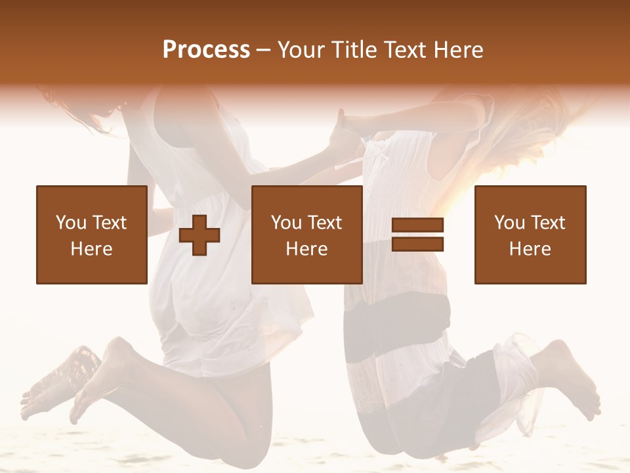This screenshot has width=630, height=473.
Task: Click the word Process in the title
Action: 206,50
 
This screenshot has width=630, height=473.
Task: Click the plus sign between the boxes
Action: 199,235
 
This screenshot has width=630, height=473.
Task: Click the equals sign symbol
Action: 417,235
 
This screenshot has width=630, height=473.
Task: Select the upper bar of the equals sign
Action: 417,225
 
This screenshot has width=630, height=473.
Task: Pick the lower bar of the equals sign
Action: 417,244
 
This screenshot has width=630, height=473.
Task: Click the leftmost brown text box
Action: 91,235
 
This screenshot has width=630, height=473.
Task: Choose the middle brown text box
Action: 306,235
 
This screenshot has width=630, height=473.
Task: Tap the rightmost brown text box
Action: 530,235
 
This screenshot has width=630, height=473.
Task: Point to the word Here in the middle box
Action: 306,249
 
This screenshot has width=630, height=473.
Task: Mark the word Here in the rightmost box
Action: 530,249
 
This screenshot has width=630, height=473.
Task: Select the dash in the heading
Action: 264,50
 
